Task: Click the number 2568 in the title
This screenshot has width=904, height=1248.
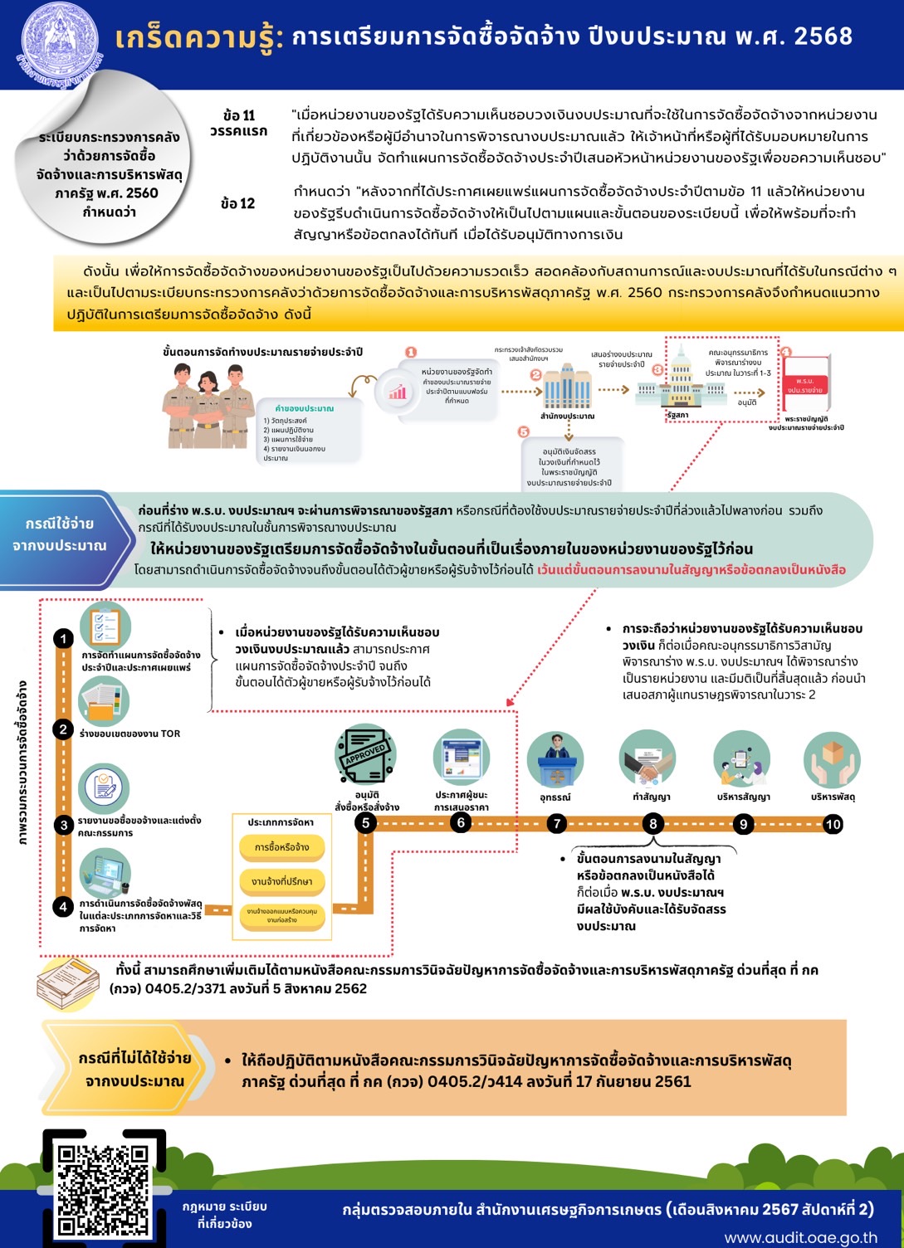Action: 823,36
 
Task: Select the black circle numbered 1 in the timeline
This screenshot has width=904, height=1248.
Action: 63,639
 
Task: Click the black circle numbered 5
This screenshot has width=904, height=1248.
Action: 365,822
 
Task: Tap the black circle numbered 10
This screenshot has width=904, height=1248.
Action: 833,824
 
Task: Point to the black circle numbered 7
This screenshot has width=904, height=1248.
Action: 557,823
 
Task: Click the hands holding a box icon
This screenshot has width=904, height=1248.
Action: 832,758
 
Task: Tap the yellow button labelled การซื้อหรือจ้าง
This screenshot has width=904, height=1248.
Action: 281,848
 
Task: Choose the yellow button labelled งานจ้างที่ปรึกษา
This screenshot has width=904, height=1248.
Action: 281,881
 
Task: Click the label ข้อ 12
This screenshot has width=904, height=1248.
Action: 238,203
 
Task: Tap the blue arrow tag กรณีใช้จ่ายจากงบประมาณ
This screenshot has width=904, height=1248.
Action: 61,535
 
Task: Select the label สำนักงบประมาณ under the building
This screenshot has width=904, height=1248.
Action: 567,416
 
